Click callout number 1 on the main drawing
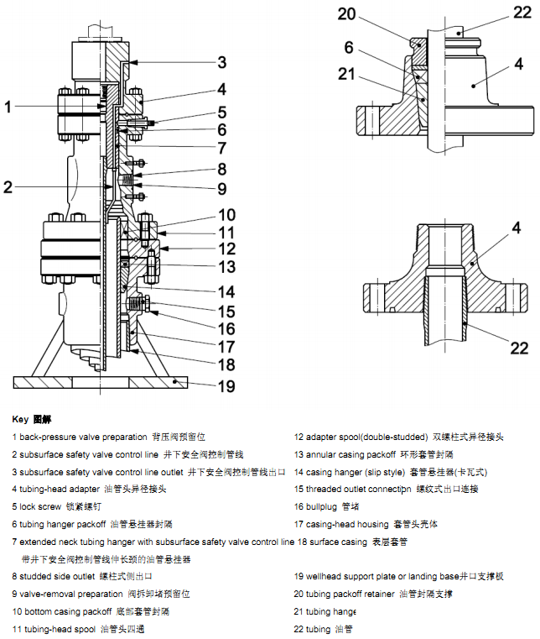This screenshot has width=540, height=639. click(8, 107)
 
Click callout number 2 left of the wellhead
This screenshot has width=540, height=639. click(8, 186)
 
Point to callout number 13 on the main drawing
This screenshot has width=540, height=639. click(227, 267)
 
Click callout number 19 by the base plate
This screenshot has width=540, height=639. click(227, 386)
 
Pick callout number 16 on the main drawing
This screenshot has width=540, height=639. click(227, 329)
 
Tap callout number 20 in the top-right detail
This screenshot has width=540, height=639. click(347, 13)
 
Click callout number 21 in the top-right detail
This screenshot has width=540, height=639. click(347, 74)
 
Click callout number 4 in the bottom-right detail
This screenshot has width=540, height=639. click(517, 227)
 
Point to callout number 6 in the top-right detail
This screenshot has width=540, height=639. click(348, 48)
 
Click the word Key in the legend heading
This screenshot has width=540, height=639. click(20, 418)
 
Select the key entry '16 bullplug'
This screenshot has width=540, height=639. click(326, 507)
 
